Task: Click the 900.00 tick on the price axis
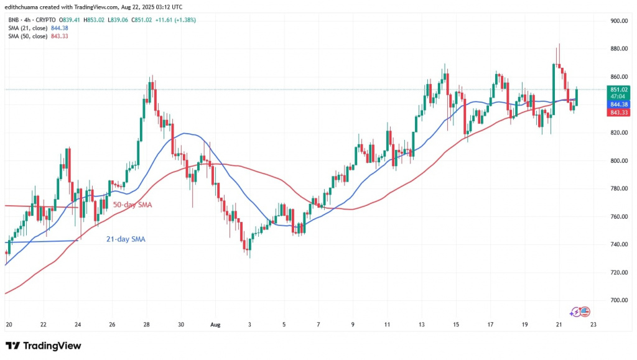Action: click(x=620, y=21)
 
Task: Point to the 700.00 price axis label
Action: click(x=620, y=300)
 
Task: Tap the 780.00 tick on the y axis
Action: click(x=620, y=188)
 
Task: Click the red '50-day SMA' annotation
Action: click(x=133, y=205)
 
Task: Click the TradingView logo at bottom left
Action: click(x=44, y=346)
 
